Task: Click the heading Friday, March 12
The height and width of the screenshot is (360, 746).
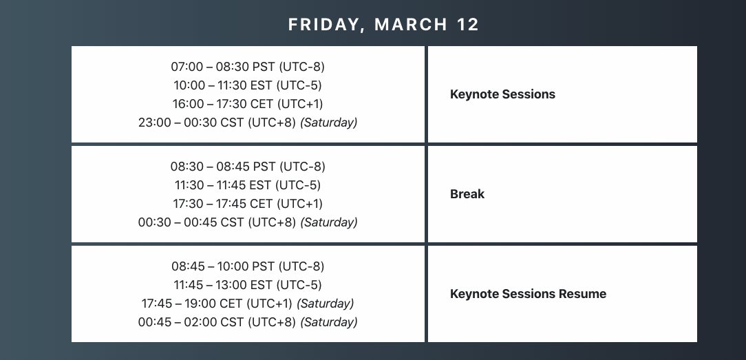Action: (383, 25)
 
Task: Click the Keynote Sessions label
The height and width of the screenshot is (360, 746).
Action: (502, 94)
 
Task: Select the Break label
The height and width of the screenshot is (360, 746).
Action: (467, 194)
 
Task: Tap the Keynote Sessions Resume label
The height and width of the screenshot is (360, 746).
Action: (528, 294)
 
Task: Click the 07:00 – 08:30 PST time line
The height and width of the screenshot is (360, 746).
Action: (248, 67)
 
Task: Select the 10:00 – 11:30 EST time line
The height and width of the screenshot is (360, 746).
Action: (248, 85)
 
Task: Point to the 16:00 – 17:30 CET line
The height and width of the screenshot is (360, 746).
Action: (248, 104)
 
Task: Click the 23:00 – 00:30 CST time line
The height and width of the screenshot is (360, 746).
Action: (248, 123)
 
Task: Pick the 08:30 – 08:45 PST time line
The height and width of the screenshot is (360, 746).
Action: (248, 167)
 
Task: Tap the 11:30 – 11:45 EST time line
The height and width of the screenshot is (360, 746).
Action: (248, 185)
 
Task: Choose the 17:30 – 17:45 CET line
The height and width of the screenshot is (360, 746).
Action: (248, 204)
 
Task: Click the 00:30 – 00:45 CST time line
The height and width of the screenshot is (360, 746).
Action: (248, 222)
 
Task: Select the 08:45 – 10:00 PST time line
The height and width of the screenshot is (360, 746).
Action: (248, 266)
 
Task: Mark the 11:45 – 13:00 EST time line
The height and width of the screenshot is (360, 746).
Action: (248, 285)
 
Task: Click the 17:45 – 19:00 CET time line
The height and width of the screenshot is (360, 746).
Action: (248, 304)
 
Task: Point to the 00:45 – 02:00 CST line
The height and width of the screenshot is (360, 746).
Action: (248, 322)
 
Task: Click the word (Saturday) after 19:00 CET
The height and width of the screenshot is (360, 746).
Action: (325, 304)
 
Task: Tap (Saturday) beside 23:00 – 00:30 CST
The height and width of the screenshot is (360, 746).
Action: (329, 123)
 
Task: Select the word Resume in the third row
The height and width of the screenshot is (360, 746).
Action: (582, 294)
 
